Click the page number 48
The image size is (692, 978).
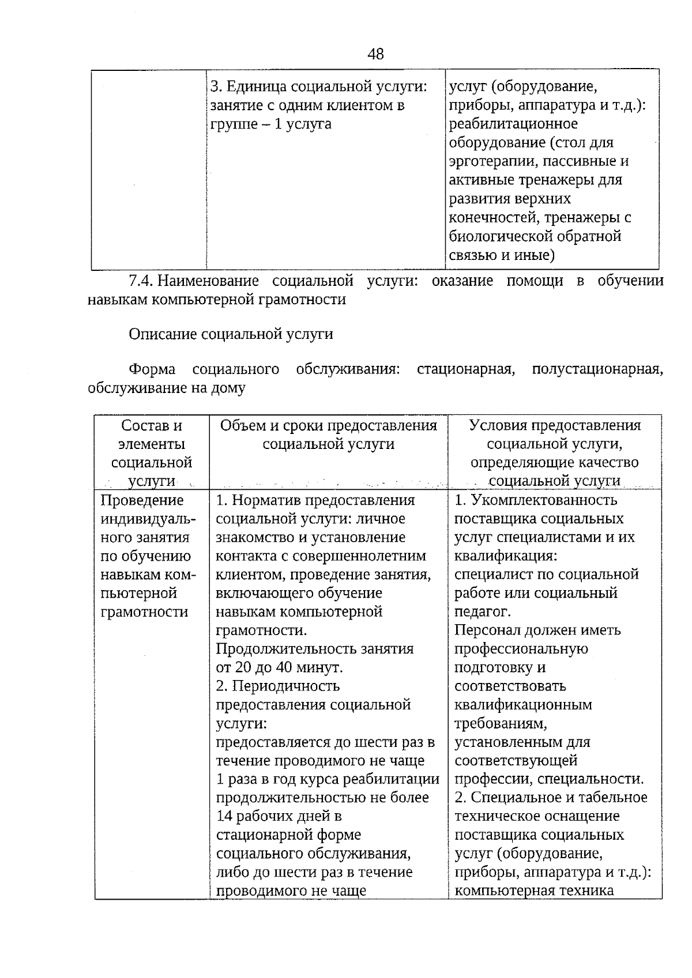(x=375, y=54)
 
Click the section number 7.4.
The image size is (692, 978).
(x=141, y=281)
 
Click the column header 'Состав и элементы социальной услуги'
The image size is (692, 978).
(x=152, y=453)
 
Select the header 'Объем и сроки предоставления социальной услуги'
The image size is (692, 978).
(x=328, y=435)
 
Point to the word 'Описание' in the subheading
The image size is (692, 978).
(x=163, y=334)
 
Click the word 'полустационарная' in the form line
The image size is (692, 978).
(x=596, y=369)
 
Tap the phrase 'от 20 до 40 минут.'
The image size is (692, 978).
(x=280, y=667)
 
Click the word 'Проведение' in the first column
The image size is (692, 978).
(x=142, y=500)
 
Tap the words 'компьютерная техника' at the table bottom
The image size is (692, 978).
(x=533, y=890)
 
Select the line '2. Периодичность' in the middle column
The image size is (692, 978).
(x=277, y=686)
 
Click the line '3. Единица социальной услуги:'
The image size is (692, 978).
(x=319, y=86)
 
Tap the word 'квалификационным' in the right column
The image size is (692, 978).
(x=523, y=704)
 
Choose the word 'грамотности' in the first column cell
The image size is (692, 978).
(x=144, y=611)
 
